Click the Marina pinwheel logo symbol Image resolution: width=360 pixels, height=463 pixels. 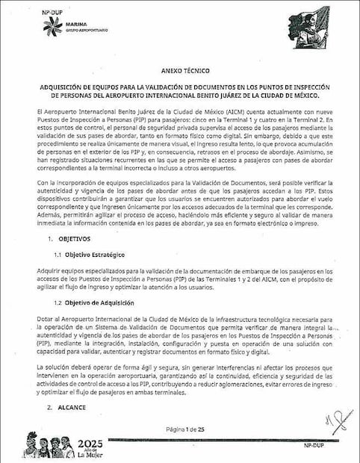point(52,26)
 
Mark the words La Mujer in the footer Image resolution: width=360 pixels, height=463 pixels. point(90,454)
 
